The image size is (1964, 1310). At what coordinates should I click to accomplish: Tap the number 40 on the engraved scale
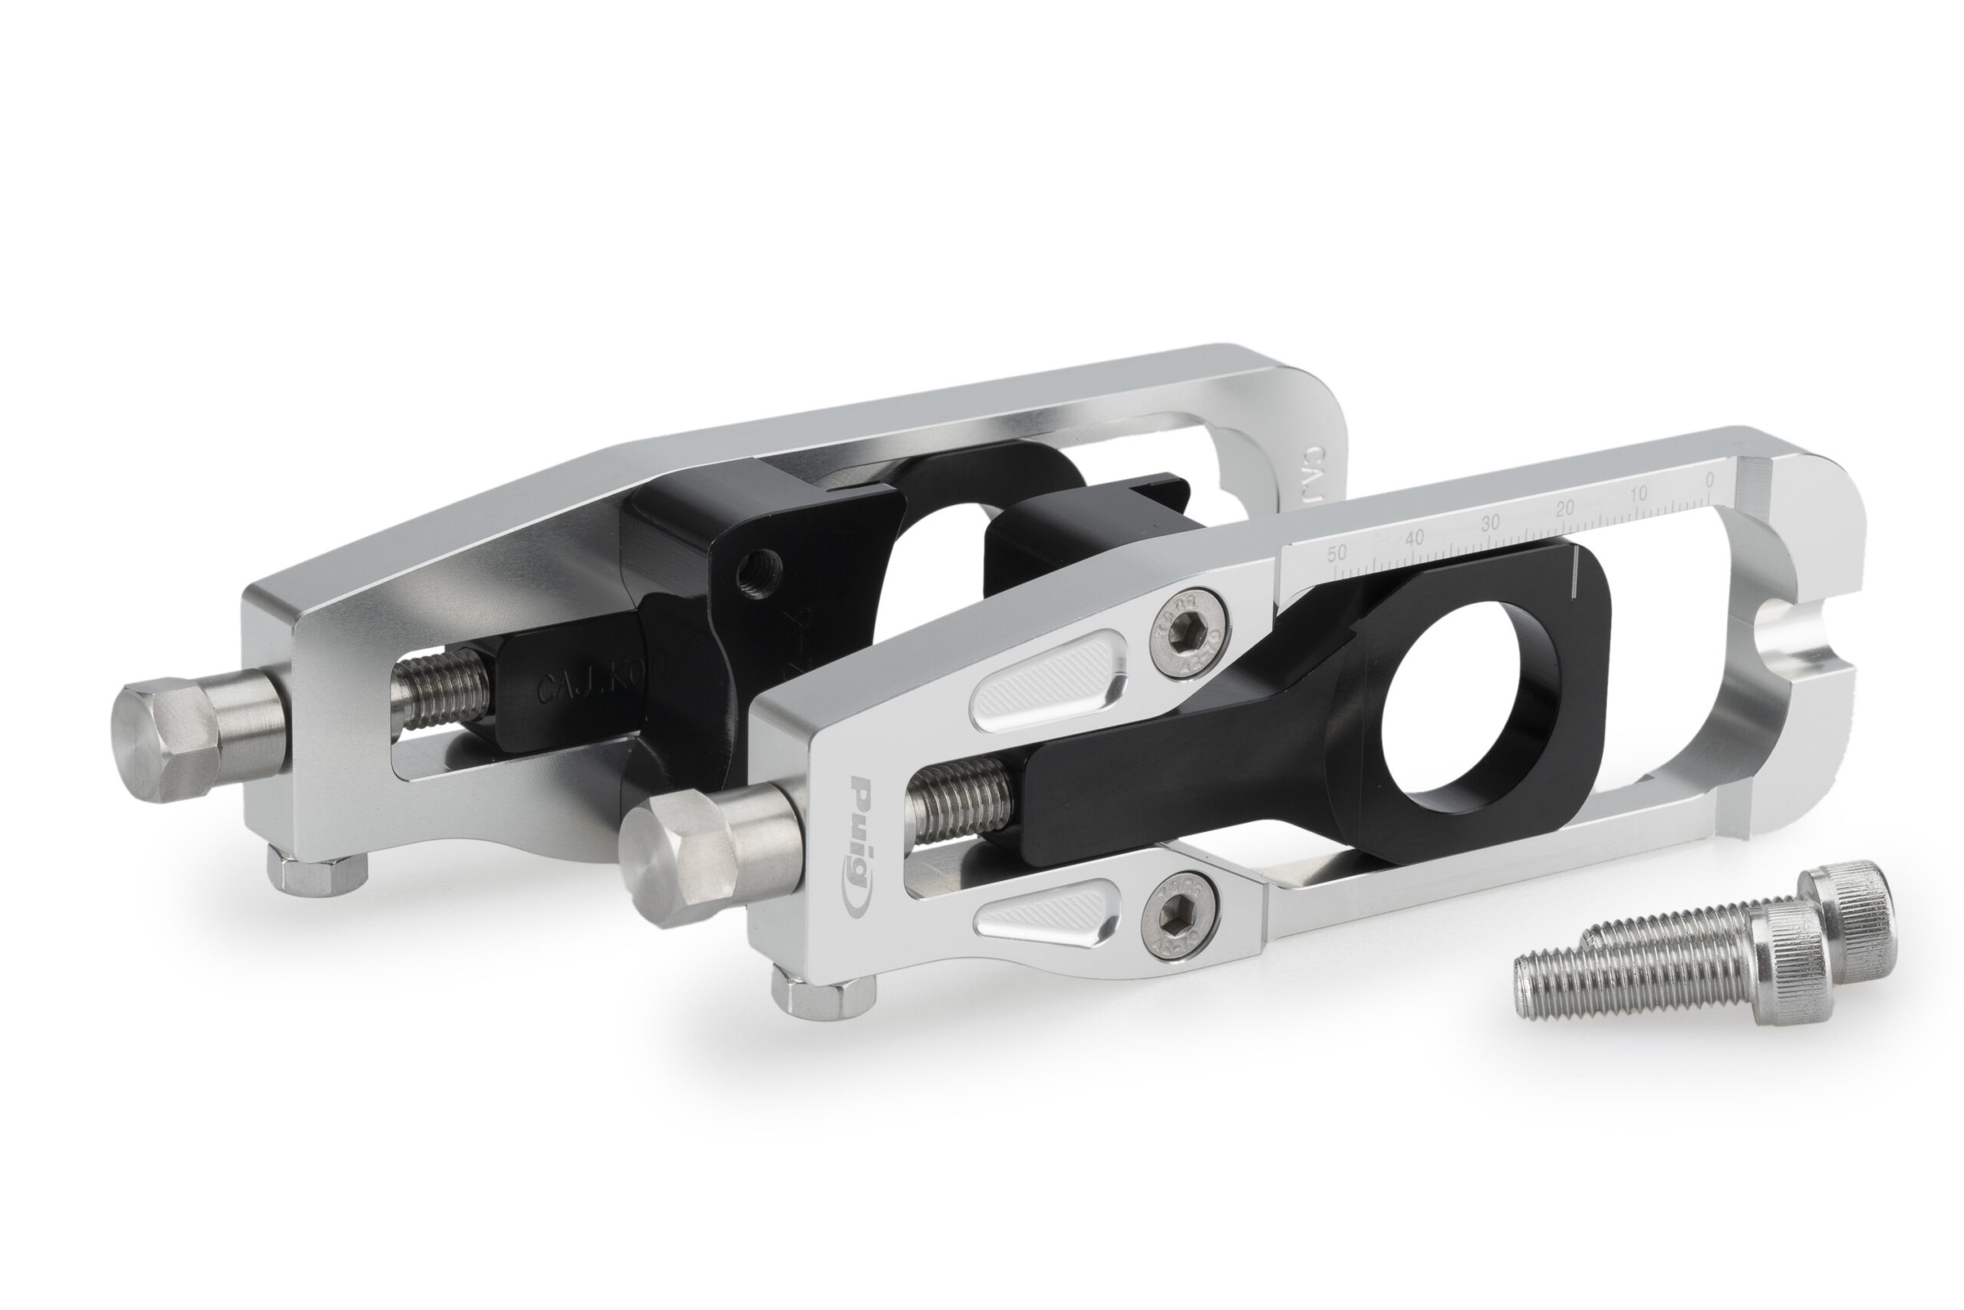tap(1414, 539)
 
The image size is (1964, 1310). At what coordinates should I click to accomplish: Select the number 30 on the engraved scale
tap(1490, 525)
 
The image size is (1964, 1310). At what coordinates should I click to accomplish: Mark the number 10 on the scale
tap(1637, 493)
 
